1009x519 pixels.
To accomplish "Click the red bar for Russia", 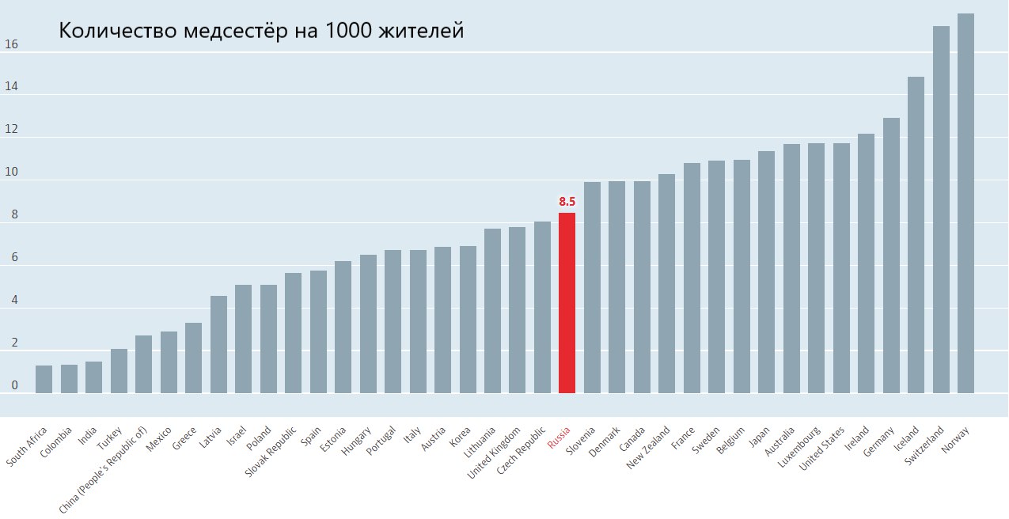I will coord(567,303).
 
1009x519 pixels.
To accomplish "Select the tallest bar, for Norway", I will coord(965,203).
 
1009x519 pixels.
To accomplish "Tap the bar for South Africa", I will coord(44,379).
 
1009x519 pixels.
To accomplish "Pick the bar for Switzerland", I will coord(941,210).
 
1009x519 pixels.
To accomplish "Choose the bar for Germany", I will coord(891,256).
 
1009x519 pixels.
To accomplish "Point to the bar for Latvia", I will coord(218,344).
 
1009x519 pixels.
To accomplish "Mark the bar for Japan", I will coord(766,272).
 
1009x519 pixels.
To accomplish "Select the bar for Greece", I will coord(193,358).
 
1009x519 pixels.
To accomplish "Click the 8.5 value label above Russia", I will coord(567,203).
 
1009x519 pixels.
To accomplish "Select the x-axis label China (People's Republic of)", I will coord(104,470).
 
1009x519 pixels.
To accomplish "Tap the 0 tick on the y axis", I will coord(13,386).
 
